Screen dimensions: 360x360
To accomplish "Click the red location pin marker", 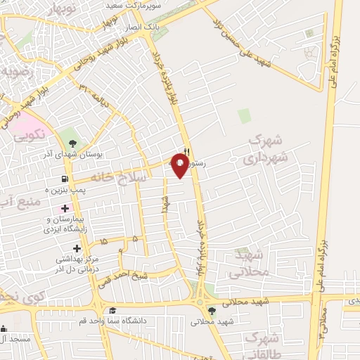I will (180, 167).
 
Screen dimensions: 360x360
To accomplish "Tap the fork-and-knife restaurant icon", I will (186, 151).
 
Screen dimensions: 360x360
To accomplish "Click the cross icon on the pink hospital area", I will (65, 208).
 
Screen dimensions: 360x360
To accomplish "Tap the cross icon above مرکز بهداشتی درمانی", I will (77, 247).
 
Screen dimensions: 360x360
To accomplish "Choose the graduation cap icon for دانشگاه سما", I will (111, 310).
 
